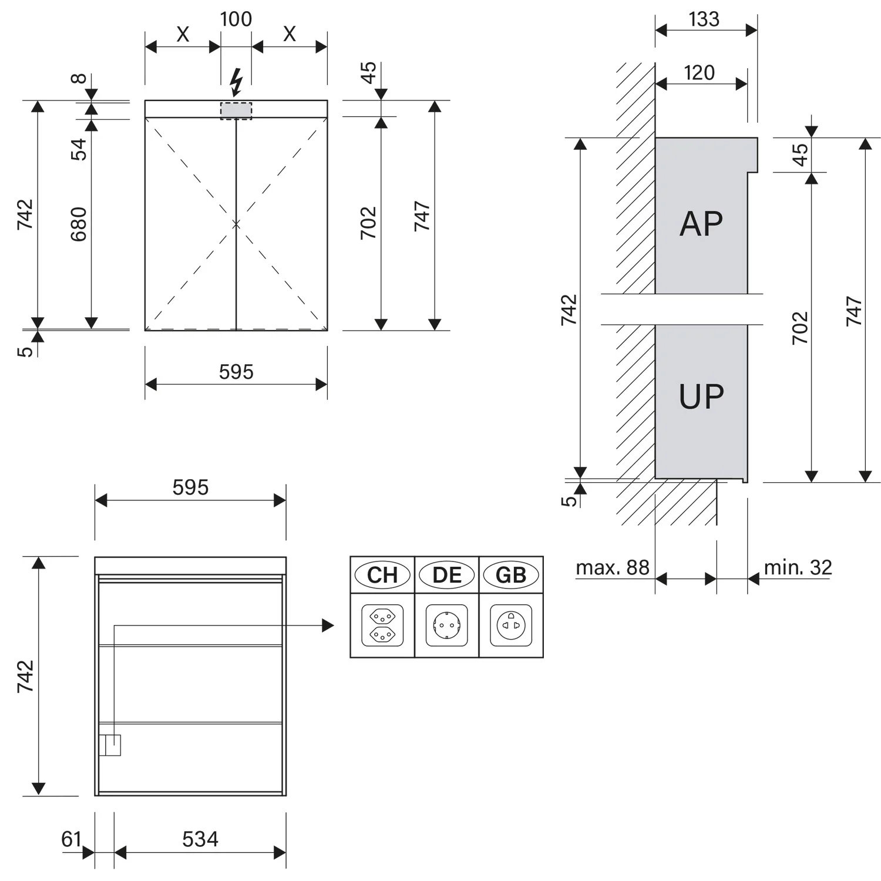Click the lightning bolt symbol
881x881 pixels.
tap(236, 82)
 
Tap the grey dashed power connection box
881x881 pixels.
tap(236, 111)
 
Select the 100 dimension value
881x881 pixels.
tap(236, 19)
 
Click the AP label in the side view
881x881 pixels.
tap(701, 224)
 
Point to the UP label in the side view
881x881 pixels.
tap(701, 396)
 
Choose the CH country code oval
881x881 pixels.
tap(382, 575)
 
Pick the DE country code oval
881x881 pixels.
tap(447, 575)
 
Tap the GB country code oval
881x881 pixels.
tap(511, 575)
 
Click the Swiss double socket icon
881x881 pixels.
tap(382, 626)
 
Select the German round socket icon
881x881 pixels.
tap(447, 626)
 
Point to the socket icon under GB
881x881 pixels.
tap(511, 626)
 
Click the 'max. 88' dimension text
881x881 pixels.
tap(613, 568)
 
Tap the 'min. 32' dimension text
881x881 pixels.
tap(798, 568)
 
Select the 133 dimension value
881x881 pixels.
tap(704, 19)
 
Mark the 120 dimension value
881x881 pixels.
tap(700, 73)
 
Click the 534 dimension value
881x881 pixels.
tap(200, 839)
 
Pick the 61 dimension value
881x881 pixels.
tap(71, 839)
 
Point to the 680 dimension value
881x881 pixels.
tap(79, 224)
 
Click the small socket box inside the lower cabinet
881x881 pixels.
tap(110, 745)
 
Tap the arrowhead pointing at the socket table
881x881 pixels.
tap(328, 626)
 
